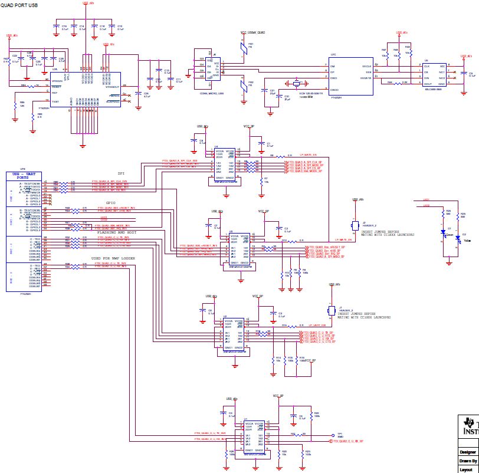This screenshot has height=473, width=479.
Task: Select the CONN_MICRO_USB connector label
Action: tap(211, 94)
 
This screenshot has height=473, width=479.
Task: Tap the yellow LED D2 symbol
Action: tap(458, 237)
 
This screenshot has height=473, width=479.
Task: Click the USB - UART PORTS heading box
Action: tap(23, 176)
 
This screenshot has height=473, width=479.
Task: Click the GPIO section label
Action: tap(110, 202)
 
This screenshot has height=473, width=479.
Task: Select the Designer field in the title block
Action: tap(468, 452)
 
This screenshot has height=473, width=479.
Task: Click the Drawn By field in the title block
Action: tap(468, 461)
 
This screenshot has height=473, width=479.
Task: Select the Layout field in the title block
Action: tap(468, 469)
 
